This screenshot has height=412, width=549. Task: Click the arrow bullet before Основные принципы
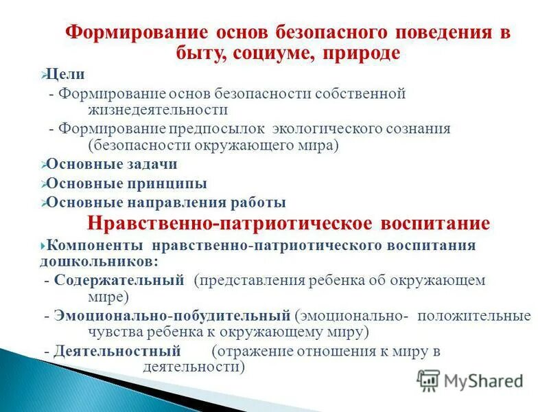(43, 184)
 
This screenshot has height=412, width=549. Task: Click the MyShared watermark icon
(428, 380)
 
